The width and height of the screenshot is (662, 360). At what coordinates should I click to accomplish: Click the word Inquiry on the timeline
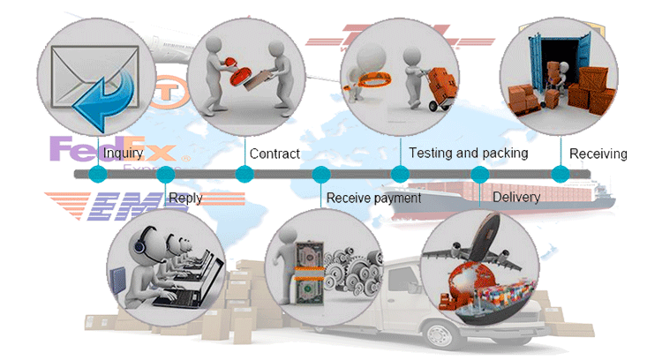coord(123,154)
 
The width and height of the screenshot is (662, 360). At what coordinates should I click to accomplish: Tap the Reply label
coord(184,198)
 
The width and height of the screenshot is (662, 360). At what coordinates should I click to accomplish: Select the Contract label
coord(275,154)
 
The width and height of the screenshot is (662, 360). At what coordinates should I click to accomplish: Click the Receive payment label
coord(373,198)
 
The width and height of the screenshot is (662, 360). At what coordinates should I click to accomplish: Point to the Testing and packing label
coord(468,153)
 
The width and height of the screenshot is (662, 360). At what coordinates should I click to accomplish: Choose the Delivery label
coord(515,197)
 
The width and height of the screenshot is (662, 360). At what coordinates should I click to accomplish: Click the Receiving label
coord(598,154)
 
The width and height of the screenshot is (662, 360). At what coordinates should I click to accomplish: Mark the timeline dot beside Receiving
coord(560,174)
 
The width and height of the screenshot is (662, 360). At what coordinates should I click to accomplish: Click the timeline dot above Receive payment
coord(321,174)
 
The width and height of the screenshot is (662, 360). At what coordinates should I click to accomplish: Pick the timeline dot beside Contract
coord(244,174)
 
